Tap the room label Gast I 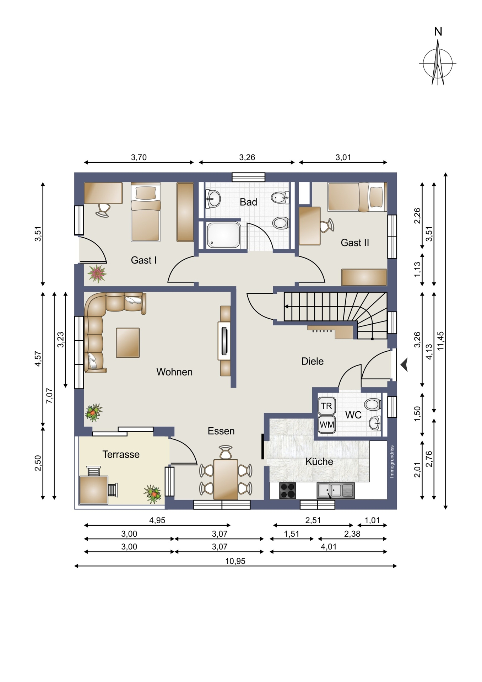[143, 260]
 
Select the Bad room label [248, 202]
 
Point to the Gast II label [355, 243]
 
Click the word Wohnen [174, 372]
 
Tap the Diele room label [312, 361]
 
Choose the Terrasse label [121, 454]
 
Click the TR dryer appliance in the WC [326, 406]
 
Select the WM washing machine [327, 424]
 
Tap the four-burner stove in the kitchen [287, 491]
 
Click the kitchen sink [336, 491]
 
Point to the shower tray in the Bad [223, 235]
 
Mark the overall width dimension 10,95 [235, 561]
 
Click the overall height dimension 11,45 [441, 341]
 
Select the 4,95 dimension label [157, 520]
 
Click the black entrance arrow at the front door [404, 365]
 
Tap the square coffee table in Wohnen [128, 342]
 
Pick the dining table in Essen [226, 479]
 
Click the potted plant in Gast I [97, 274]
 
